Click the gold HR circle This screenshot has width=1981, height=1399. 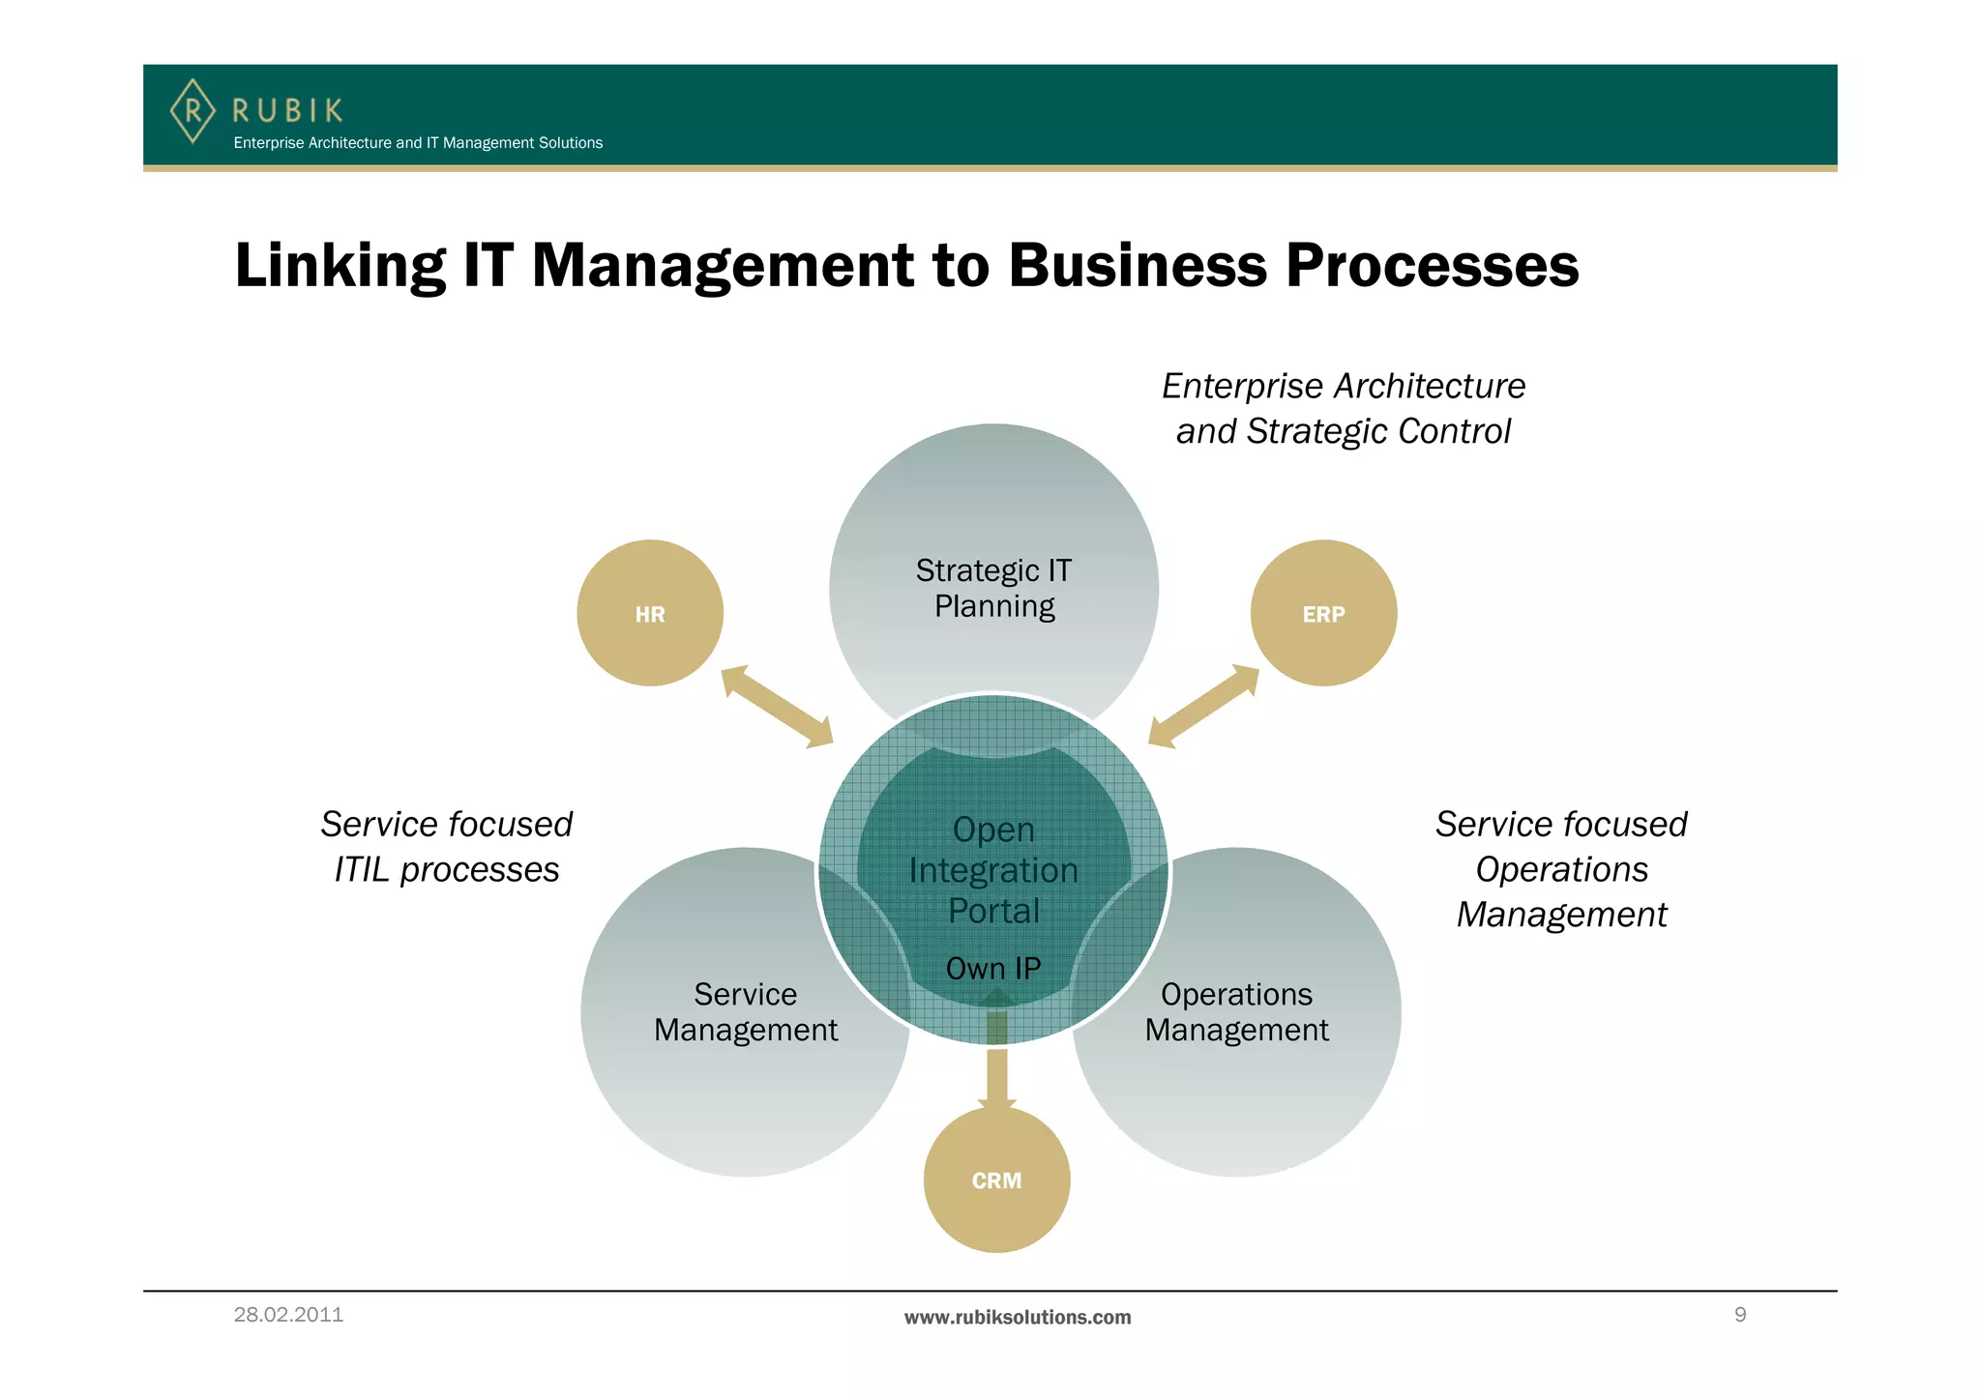point(650,613)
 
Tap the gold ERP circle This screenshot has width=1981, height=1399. point(1323,613)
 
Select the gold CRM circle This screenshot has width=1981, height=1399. point(996,1180)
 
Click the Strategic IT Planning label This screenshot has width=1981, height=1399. point(994,588)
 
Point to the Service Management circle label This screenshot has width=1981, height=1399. point(746,1012)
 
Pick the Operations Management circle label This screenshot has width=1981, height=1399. point(1236,1012)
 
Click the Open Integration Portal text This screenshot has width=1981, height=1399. point(993,870)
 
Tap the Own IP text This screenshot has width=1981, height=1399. point(993,968)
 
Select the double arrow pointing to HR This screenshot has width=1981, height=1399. point(777,707)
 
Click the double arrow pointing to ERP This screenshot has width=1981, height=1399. point(1203,707)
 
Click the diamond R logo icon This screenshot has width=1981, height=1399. point(192,111)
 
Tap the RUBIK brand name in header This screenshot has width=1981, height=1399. point(287,110)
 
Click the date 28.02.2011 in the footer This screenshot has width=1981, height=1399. point(288,1315)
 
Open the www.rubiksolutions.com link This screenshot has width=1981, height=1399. point(1018,1317)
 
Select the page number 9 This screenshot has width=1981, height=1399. point(1740,1315)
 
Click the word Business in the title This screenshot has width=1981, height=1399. point(1138,265)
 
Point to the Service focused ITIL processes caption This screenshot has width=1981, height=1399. point(447,847)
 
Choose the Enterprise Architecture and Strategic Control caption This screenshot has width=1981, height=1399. point(1344,408)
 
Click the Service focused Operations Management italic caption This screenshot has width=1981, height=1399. point(1561,869)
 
